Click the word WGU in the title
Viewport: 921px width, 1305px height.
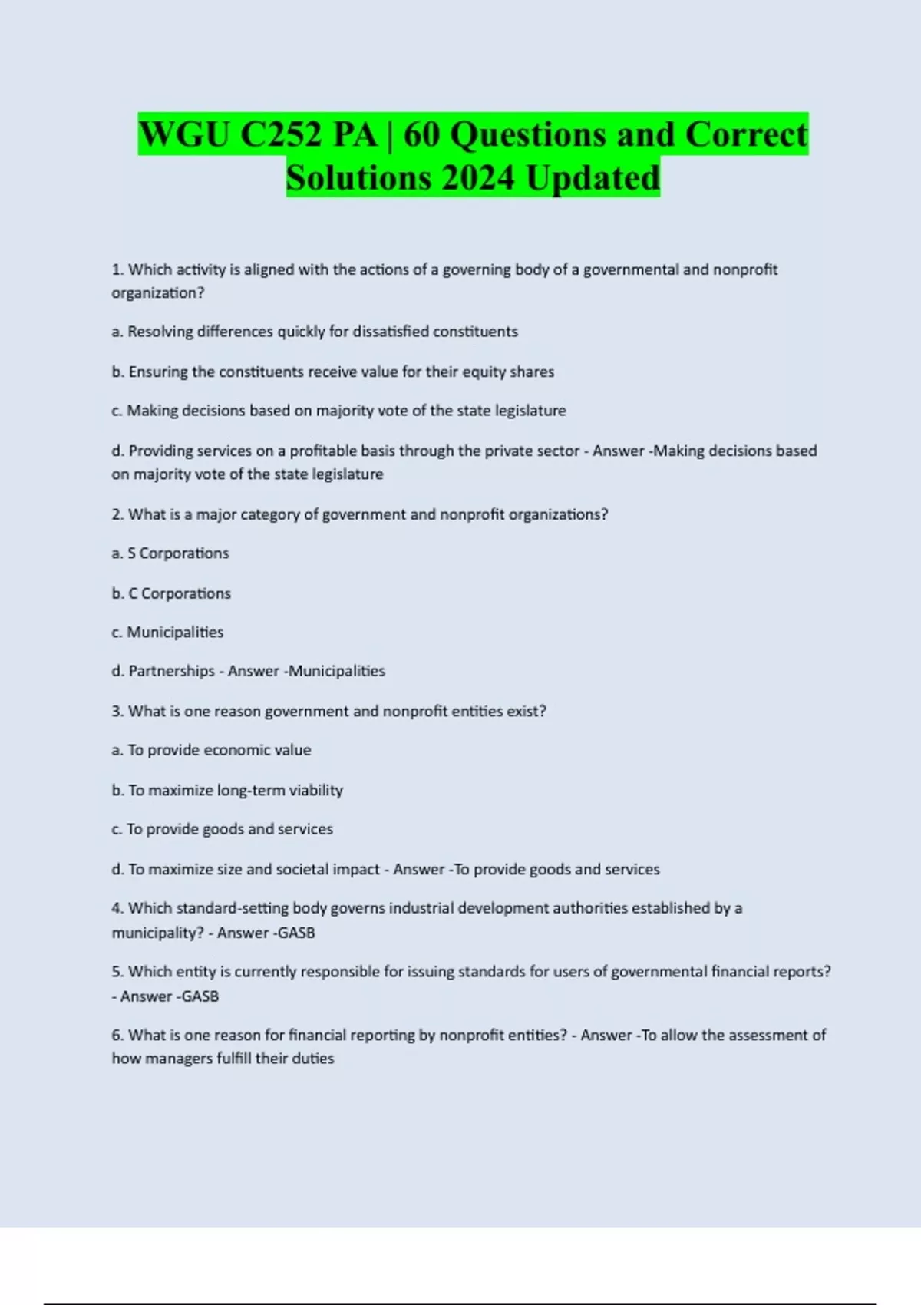[184, 135]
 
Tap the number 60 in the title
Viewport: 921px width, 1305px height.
[421, 135]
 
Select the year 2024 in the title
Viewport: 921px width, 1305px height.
[477, 178]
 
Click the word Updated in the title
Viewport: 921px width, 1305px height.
[593, 178]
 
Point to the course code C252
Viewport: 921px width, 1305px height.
[281, 135]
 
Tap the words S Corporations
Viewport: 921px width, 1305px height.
[178, 553]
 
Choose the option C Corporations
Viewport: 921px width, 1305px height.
[180, 593]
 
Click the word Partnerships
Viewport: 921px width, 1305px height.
[171, 671]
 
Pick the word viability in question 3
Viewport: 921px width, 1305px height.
[315, 790]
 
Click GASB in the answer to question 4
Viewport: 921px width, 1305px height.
[296, 933]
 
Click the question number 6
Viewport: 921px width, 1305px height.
[117, 1035]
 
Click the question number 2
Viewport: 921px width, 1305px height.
[117, 514]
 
